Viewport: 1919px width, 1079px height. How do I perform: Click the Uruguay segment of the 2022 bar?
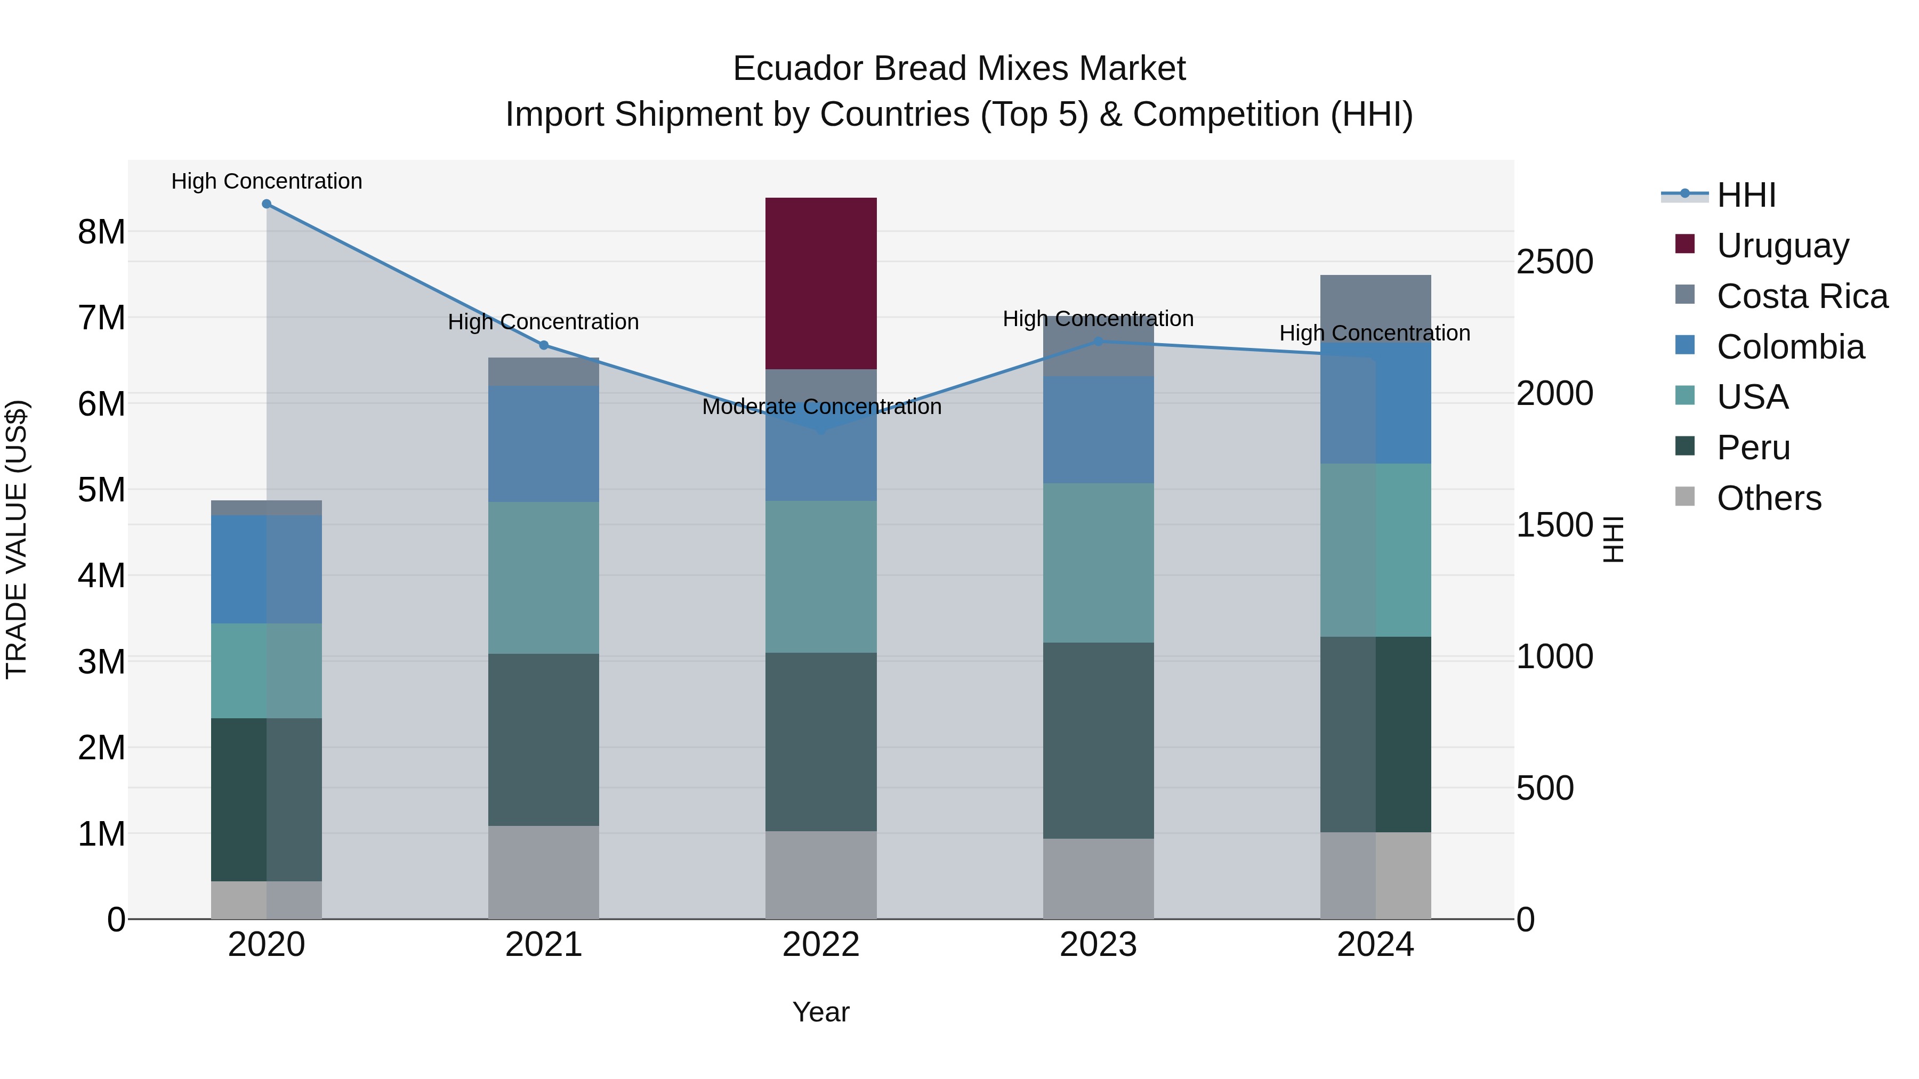(x=821, y=283)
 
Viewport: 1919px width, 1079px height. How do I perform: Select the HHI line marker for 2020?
(x=267, y=204)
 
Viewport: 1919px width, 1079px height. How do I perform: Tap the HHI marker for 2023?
(x=1098, y=342)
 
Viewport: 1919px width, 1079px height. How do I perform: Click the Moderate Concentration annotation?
(x=821, y=407)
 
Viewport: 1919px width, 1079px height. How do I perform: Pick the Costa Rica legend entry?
(x=1801, y=296)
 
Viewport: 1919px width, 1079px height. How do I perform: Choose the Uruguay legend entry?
(x=1782, y=246)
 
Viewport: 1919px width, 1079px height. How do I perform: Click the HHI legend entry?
(x=1745, y=195)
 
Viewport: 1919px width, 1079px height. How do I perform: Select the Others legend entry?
(x=1769, y=498)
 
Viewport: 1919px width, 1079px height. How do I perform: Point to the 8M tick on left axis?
(x=101, y=232)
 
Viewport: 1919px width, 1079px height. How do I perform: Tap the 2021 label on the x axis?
(x=544, y=945)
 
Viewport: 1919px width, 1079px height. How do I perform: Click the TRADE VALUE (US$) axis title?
(x=17, y=539)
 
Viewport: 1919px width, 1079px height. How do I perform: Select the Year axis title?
(x=821, y=1012)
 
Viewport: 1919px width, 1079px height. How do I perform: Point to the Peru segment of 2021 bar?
(x=544, y=740)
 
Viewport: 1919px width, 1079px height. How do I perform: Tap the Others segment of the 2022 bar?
(x=821, y=874)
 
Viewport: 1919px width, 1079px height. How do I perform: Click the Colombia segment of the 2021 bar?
(x=544, y=444)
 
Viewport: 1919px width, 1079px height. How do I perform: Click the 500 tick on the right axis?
(x=1545, y=788)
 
